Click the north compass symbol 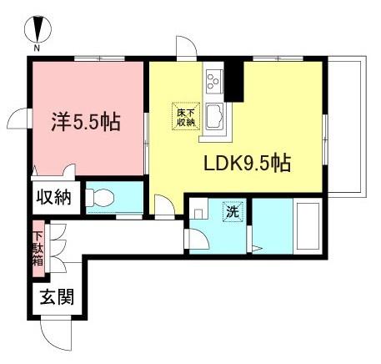[38, 29]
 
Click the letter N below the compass [37, 48]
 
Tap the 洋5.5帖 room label [86, 122]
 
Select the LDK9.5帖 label [248, 163]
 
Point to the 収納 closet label [54, 197]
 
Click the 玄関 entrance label [57, 296]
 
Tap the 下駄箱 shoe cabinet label [38, 249]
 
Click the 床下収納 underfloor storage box [186, 116]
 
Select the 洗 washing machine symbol [233, 212]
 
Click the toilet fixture [100, 198]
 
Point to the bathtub [308, 226]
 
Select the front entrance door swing [56, 336]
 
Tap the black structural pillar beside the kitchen [234, 82]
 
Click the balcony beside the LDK [347, 127]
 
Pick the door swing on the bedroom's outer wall [19, 119]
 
